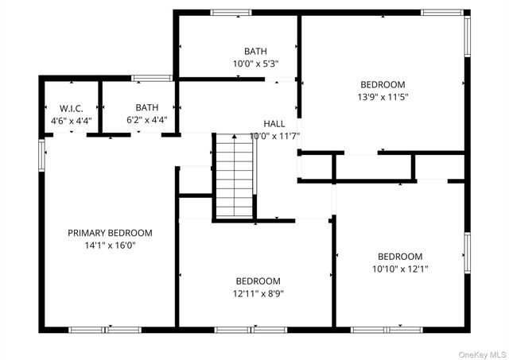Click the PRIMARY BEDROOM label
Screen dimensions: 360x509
coord(110,233)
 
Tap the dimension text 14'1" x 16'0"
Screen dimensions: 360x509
coord(110,246)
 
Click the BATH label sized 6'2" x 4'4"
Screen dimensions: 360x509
coord(146,107)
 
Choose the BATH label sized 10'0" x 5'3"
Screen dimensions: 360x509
coord(255,51)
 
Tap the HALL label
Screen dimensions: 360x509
coord(274,124)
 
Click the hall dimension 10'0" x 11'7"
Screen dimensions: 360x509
coord(274,137)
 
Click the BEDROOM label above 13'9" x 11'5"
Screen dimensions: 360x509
coord(383,84)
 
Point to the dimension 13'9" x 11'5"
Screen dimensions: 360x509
coord(383,97)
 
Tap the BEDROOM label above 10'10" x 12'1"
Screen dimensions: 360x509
coord(399,256)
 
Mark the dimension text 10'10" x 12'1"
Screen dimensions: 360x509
coord(399,269)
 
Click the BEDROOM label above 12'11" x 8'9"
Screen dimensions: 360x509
coord(258,281)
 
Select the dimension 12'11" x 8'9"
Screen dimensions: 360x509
coord(258,293)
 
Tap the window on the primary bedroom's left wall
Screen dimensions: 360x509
coord(41,154)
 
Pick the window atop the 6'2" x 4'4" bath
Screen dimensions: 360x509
coord(152,78)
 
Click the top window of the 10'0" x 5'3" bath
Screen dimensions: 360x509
coord(231,12)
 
